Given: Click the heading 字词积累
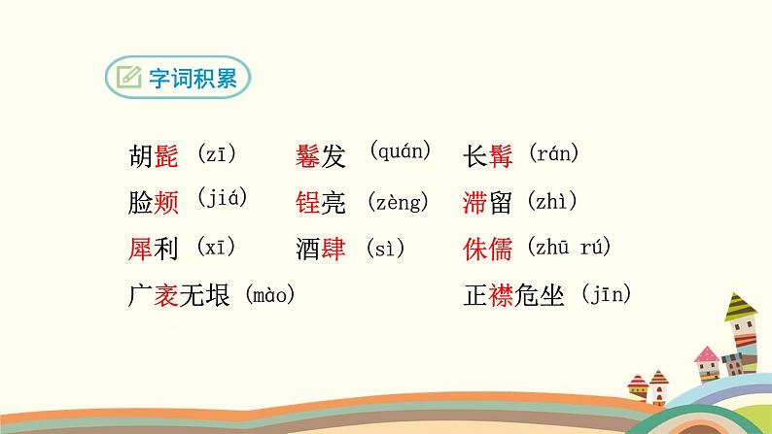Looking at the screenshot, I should (193, 80).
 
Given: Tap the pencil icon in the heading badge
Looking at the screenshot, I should (127, 79).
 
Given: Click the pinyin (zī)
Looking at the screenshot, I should (217, 153).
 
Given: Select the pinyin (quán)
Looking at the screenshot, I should (400, 150).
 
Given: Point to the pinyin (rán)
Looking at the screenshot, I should (554, 153).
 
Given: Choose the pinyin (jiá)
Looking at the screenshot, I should (222, 198).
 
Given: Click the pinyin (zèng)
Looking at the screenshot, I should (399, 202).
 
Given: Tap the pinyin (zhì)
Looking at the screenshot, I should (552, 202).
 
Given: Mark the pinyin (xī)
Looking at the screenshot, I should (217, 247).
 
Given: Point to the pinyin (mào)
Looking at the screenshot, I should (269, 294).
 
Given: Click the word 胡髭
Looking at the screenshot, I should (153, 155).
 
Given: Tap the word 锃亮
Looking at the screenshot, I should (321, 202).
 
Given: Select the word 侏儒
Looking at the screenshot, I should (489, 248).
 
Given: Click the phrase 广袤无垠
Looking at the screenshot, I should (179, 295).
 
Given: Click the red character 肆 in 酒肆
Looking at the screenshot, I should (333, 248).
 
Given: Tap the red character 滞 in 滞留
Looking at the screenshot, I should (476, 202).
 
